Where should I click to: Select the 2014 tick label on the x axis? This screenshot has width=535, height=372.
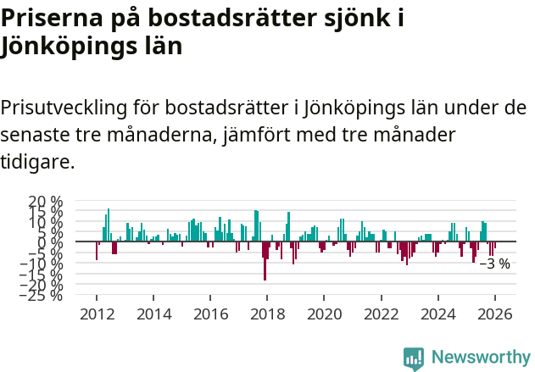pos(153,314)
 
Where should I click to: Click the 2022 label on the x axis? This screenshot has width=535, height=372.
pos(381,314)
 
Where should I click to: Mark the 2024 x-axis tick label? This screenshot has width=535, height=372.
pos(437,314)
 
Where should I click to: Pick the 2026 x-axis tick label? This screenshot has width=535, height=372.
pos(494,314)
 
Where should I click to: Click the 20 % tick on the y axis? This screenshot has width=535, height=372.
pos(46,202)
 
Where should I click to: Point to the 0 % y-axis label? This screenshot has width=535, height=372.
pos(52,242)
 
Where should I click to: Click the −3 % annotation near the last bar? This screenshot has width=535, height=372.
pos(495,264)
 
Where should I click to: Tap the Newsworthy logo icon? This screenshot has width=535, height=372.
pos(414,358)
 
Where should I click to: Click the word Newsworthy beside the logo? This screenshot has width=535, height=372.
pos(480,358)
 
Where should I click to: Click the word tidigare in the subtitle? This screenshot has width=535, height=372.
pos(37,161)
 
